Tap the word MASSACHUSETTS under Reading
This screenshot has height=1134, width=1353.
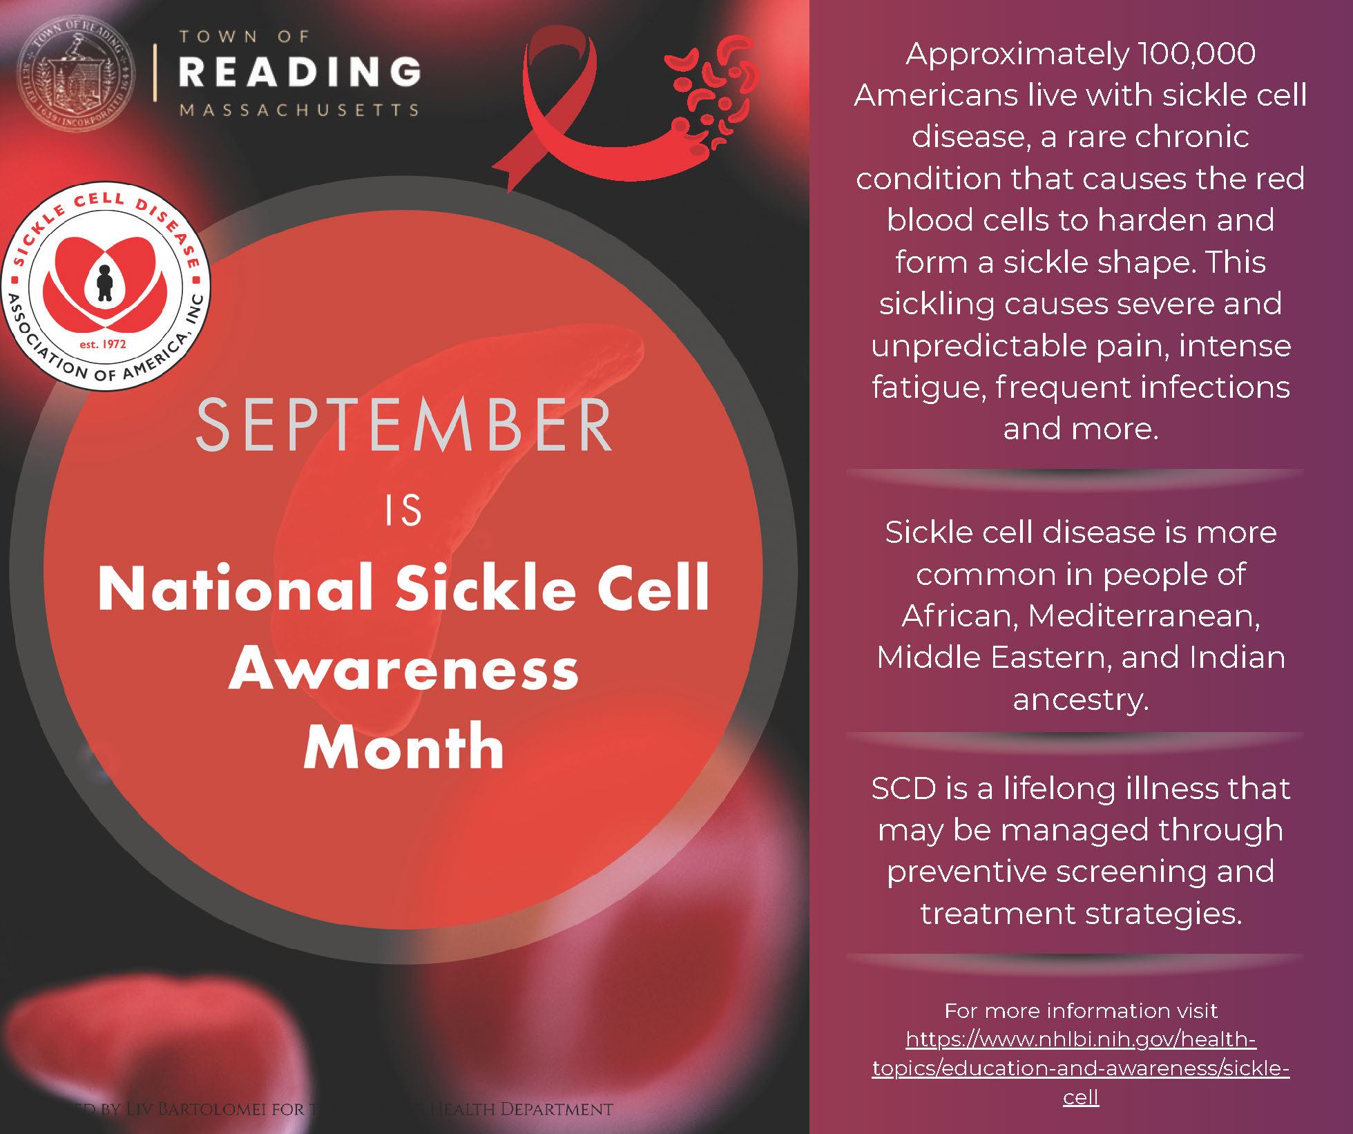[300, 110]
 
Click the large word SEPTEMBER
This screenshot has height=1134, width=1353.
[404, 425]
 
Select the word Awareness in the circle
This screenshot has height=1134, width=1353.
[404, 669]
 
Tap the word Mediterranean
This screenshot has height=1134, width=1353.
[1144, 615]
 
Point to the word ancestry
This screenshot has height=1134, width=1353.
[1080, 699]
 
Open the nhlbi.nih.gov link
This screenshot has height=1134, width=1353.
[1080, 1068]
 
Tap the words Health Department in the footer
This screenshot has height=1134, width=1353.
[521, 1110]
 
